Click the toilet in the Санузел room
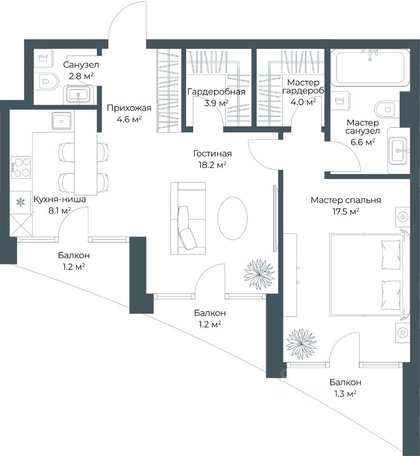coord(46,81)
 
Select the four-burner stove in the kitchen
coord(21,167)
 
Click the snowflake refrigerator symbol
coord(20,202)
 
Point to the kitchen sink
coord(61,121)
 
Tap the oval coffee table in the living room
coord(232,218)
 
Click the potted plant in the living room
coord(259,274)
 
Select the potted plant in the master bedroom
coord(301,344)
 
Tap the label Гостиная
coord(212,153)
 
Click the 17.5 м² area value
coord(345,211)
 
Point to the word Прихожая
coord(129,108)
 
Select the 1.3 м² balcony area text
coord(345,394)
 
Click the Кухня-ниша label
coord(59,199)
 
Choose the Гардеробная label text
coord(216,92)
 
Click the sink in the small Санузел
coord(78,94)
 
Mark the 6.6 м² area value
coord(363,142)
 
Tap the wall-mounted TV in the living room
coord(275,218)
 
